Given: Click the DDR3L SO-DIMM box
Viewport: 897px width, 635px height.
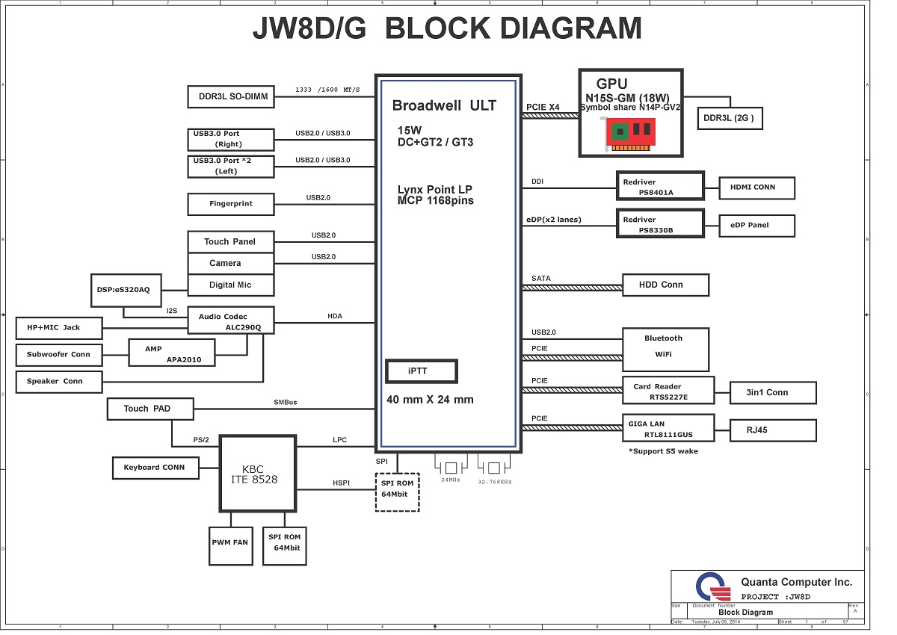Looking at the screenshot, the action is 231,97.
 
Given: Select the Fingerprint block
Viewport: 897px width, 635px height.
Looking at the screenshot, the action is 231,204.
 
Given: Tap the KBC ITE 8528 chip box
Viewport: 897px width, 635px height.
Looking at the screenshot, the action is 258,474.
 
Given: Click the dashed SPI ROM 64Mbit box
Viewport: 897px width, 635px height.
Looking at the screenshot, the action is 397,492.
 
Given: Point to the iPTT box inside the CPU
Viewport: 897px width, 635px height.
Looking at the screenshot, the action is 422,371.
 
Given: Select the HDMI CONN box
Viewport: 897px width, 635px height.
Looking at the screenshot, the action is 756,188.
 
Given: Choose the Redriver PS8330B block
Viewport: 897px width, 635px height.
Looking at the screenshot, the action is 660,223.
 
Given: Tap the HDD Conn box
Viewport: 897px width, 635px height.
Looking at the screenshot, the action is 665,285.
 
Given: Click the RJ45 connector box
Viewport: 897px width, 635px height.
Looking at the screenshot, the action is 773,430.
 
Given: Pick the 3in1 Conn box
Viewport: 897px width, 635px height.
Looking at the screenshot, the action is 773,392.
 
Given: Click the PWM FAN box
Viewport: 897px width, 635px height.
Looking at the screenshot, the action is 231,546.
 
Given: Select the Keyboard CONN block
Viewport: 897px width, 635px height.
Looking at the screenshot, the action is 155,468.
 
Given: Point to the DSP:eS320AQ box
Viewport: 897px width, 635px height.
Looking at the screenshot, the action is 126,291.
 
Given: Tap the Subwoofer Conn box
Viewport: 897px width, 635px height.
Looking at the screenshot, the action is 59,355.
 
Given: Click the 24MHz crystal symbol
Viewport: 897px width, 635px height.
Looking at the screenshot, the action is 451,468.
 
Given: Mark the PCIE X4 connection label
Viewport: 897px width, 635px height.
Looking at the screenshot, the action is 543,108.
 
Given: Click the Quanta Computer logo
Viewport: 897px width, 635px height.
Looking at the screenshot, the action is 713,586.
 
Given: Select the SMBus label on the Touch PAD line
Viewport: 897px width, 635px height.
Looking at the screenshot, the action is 285,402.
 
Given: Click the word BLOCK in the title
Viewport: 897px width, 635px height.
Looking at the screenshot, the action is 438,28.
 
